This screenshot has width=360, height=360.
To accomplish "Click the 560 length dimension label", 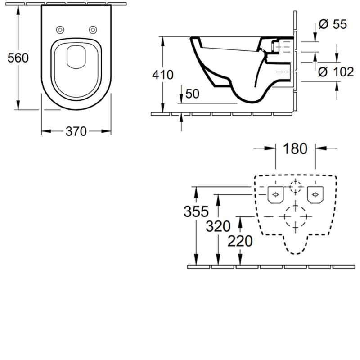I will coord(18,58).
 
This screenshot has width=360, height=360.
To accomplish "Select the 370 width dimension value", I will coord(76,131).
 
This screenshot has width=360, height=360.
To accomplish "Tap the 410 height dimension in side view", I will coord(163,75).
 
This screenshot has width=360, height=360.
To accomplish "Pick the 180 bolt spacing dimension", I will coord(295,148).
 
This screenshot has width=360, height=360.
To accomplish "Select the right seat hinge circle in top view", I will coord(93,30).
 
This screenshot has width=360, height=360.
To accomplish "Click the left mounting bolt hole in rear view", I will coord(274,194).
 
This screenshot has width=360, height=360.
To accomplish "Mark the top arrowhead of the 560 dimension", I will coord(18,11).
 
